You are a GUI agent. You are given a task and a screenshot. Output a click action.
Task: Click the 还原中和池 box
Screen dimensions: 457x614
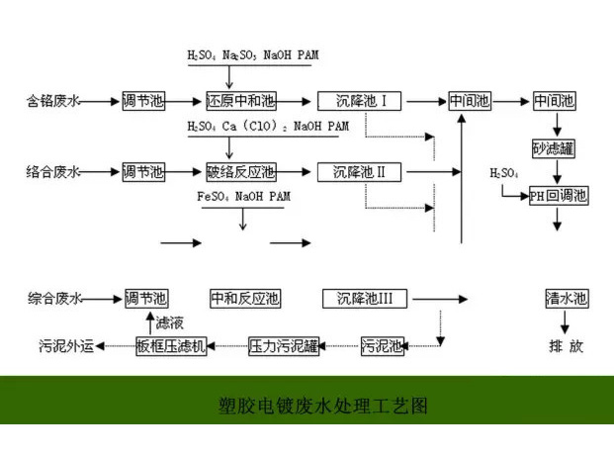pos(241,101)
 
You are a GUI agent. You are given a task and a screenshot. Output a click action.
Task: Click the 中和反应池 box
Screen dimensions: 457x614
pos(244,298)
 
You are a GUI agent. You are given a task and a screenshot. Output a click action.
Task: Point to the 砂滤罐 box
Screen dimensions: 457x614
pos(554,149)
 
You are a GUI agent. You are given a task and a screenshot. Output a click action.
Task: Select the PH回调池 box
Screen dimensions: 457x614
pos(559,196)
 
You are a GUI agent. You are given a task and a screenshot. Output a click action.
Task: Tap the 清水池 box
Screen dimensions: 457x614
pos(567,298)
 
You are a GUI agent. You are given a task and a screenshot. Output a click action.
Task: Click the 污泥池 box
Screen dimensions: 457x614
pos(382,345)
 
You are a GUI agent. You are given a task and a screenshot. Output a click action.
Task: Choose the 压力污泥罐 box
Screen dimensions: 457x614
pos(283,345)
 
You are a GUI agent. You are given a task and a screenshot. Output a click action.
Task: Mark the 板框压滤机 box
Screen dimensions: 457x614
pos(171,345)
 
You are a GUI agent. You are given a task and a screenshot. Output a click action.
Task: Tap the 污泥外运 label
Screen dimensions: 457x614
pos(66,345)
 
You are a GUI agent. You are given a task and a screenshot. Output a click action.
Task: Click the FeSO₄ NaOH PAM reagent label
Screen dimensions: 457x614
pos(243,198)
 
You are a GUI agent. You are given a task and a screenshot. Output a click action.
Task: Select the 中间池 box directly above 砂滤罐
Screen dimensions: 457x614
pos(554,101)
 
